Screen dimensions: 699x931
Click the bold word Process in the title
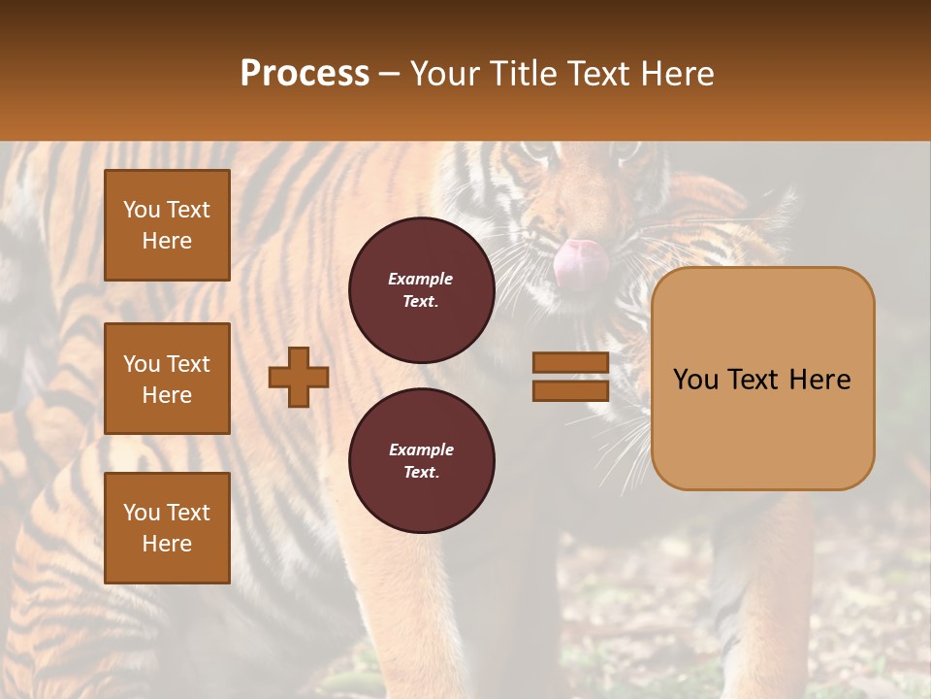305,74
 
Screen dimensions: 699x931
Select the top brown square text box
167,225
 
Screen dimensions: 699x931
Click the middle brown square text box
167,379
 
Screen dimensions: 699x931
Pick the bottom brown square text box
167,528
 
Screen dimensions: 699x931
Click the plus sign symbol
299,378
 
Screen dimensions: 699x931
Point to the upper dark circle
422,289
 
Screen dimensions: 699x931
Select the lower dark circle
422,460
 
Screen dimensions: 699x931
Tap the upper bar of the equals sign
570,362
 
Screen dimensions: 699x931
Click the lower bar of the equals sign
570,390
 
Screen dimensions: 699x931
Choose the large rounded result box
762,379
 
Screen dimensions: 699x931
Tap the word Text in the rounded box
757,380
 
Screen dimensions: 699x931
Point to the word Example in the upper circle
421,279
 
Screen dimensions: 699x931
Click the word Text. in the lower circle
421,472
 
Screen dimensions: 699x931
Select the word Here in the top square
167,241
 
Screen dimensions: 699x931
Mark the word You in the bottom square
142,513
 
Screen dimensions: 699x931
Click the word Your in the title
448,74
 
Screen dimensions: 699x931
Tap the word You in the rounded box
695,380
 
